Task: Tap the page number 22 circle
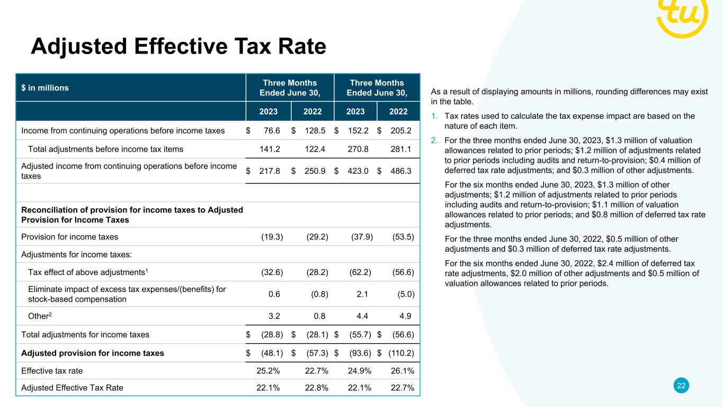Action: (x=682, y=386)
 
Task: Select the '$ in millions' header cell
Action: (x=45, y=88)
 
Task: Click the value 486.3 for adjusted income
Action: (x=403, y=170)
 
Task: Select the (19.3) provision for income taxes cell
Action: (x=272, y=237)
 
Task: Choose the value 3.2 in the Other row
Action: (x=274, y=316)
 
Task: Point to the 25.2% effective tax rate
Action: (x=269, y=371)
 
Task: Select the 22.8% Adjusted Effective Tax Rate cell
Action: (x=316, y=387)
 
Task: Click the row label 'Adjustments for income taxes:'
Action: (x=76, y=254)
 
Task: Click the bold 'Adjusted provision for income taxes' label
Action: (x=93, y=353)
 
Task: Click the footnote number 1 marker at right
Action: (x=434, y=116)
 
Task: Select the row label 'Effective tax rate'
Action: (x=52, y=371)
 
